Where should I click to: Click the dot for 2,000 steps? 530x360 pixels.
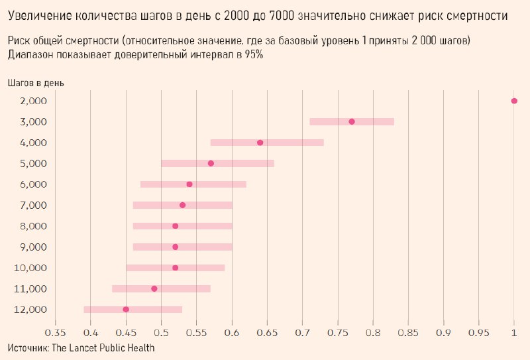[514, 101]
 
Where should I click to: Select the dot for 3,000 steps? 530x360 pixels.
[352, 121]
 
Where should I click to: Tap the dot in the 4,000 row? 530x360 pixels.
[260, 143]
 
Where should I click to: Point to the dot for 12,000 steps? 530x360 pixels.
[126, 309]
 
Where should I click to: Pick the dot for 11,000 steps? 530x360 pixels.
[154, 288]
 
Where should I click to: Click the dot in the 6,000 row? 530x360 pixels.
[189, 184]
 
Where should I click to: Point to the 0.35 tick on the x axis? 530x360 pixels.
[55, 332]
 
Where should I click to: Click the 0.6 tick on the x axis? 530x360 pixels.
[232, 332]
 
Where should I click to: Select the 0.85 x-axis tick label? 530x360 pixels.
[408, 332]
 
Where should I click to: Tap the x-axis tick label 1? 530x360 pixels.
[514, 332]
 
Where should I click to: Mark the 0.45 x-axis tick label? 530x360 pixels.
[126, 332]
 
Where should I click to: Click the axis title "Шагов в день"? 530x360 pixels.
[36, 83]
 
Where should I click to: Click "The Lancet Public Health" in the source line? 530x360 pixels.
[103, 347]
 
